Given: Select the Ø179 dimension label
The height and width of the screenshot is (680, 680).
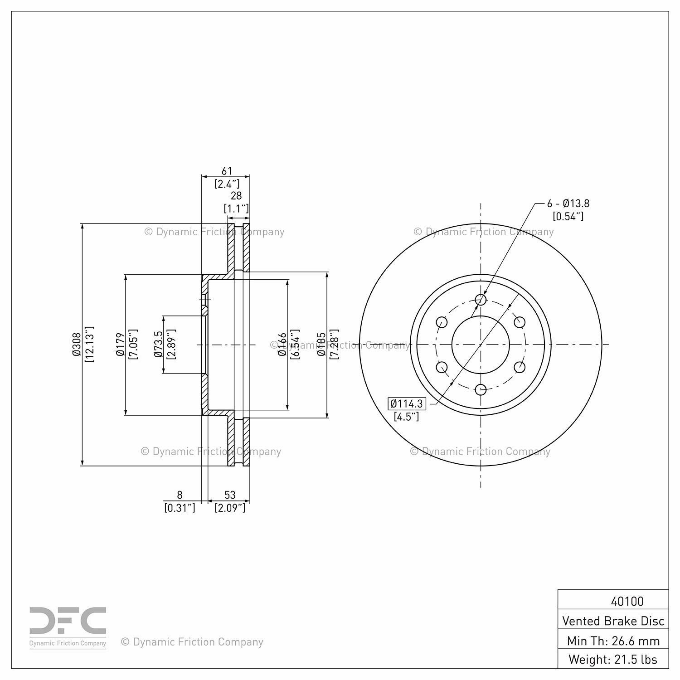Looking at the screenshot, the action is [x=120, y=345].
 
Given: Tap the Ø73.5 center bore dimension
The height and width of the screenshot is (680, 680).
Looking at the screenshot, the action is [x=158, y=345].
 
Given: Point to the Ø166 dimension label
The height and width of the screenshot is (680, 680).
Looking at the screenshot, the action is [x=282, y=345].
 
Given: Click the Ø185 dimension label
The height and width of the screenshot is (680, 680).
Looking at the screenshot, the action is [x=321, y=345].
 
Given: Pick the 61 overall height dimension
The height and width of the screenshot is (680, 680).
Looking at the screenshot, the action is [x=227, y=171].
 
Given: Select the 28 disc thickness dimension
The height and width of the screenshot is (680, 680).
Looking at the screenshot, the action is [x=236, y=195].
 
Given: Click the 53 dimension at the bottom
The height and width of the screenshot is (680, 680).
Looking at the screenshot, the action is [x=230, y=495].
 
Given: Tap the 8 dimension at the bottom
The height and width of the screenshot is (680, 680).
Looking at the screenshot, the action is [x=180, y=495].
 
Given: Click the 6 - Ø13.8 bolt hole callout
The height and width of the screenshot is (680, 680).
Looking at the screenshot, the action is [x=568, y=204].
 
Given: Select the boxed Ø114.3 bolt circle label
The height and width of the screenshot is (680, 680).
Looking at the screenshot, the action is [x=407, y=403].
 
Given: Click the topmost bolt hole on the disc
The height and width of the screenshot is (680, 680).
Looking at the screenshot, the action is [x=481, y=300].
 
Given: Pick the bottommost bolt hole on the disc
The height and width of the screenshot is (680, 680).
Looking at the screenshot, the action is [x=481, y=389].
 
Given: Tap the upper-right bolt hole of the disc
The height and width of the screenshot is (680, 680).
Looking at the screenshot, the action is [x=520, y=322].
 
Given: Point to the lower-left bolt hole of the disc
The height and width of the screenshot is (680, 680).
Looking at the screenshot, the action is [x=442, y=367].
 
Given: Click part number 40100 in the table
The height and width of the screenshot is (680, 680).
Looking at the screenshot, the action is [x=627, y=601].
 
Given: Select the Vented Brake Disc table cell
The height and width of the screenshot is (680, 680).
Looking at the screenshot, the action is [x=613, y=621].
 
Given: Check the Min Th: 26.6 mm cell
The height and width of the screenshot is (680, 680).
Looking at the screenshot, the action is [x=613, y=640].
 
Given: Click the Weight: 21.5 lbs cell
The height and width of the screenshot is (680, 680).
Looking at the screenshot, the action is [x=613, y=659].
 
